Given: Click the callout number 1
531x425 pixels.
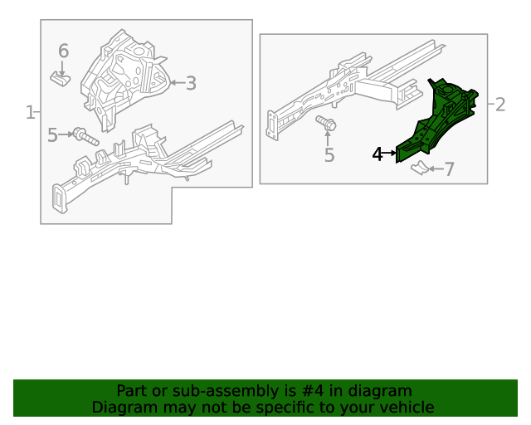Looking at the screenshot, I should tap(30, 112).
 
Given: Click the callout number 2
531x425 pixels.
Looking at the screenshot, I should tap(499, 104).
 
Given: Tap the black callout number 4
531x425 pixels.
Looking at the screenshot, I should tap(378, 154).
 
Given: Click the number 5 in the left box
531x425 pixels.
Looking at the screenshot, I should tap(52, 134).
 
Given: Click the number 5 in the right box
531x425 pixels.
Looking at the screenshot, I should tap(329, 155).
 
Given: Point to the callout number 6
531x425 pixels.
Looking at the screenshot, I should tap(63, 51).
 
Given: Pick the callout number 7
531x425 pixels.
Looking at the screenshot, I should tap(450, 170).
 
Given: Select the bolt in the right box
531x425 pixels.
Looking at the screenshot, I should tap(326, 125).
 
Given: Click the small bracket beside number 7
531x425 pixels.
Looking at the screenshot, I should tap(422, 169).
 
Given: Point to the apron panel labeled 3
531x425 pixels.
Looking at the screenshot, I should tap(124, 75).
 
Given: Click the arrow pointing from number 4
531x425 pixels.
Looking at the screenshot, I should tap(391, 154).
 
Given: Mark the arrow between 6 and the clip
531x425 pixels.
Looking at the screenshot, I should tap(62, 66).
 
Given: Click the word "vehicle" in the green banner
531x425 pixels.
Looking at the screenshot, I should tap(407, 408).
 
